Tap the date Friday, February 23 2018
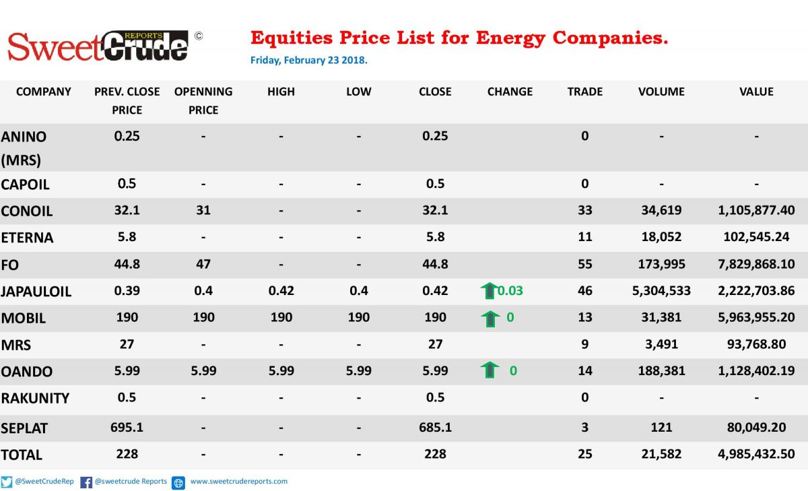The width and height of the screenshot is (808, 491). click(309, 60)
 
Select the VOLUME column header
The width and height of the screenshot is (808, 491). click(661, 92)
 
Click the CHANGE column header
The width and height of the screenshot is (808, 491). click(510, 92)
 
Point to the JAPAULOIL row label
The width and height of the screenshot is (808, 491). click(36, 292)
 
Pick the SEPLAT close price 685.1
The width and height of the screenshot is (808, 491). click(435, 428)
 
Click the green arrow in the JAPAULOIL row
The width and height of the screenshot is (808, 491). click(490, 291)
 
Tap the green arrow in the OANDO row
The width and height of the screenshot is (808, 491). click(490, 370)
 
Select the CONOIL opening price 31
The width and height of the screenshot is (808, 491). click(203, 210)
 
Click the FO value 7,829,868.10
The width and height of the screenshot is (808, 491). click(756, 264)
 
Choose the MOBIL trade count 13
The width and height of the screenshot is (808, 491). click(584, 317)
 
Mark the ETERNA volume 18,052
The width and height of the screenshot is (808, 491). click(661, 236)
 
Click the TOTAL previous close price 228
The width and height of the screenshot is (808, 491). click(127, 454)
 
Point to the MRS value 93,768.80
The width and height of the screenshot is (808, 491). click(756, 344)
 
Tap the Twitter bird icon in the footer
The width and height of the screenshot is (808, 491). click(7, 482)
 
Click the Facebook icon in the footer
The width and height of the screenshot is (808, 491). click(86, 482)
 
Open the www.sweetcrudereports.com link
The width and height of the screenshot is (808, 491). click(239, 482)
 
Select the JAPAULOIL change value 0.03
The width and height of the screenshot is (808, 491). click(510, 291)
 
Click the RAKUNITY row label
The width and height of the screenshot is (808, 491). click(35, 398)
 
